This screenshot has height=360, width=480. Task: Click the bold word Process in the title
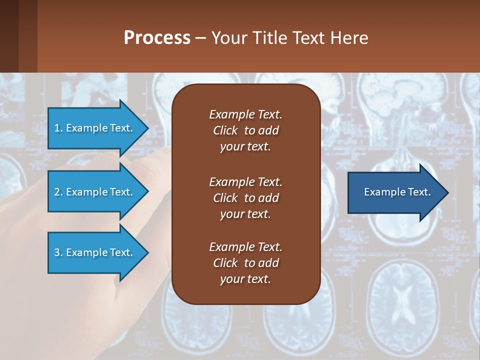click(157, 38)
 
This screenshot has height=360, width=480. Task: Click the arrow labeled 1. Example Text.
click(93, 128)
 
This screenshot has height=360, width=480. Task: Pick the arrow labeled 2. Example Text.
click(93, 192)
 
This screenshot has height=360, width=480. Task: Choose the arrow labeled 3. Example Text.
click(93, 252)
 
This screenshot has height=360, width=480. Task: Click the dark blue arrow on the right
click(395, 192)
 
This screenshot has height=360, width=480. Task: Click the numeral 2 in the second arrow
click(57, 192)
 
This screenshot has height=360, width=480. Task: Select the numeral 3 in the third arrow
click(57, 252)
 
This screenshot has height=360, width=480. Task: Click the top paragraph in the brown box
click(245, 130)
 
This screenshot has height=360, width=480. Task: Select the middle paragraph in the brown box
click(245, 198)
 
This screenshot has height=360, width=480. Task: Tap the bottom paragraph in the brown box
click(245, 263)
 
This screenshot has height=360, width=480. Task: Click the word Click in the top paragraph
click(225, 130)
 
